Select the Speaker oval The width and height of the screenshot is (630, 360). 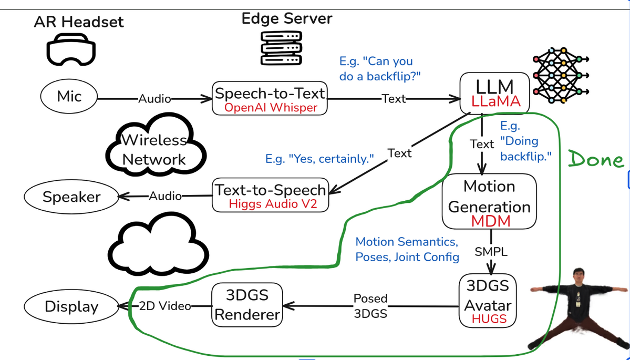point(71,197)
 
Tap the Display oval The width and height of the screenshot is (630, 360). point(71,306)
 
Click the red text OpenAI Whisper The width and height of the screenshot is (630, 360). point(271,108)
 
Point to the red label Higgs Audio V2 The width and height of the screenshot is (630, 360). point(273,204)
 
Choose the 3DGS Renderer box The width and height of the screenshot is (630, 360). point(246,304)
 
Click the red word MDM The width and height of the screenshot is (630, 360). point(490,221)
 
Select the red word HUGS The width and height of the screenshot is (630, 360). point(489,319)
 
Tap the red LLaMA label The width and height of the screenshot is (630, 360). point(495,101)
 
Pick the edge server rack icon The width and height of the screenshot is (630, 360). point(281,48)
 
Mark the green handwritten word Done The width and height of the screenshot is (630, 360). point(596,160)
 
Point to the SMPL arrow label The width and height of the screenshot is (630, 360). point(491,252)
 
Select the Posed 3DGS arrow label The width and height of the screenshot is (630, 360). point(370,306)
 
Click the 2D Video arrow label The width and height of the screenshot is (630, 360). point(164,306)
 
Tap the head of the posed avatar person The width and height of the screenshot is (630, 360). point(578,276)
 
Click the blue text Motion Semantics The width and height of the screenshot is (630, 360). point(406,242)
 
